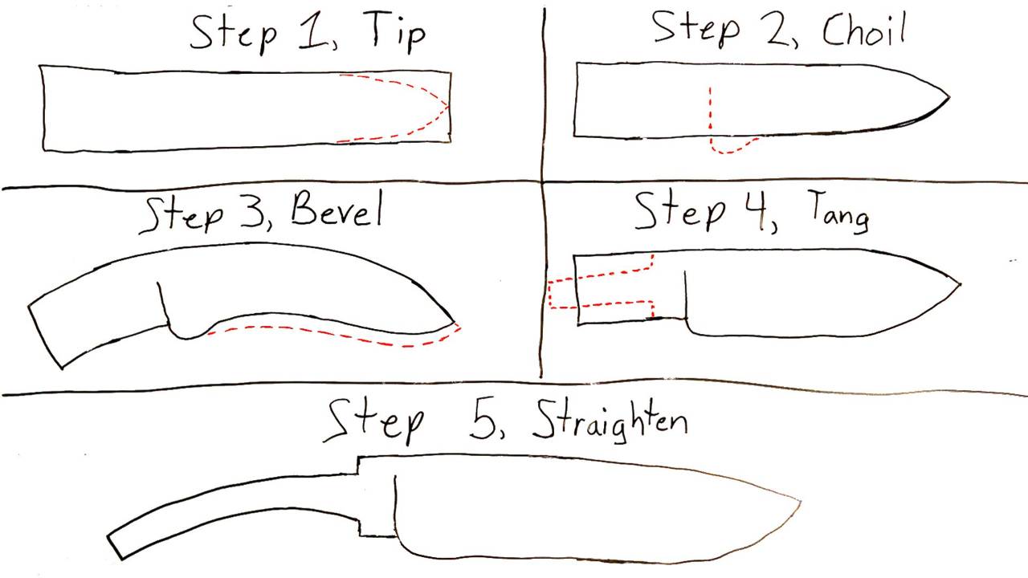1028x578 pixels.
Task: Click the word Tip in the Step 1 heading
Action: coord(398,31)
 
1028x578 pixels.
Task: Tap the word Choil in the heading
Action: coord(863,29)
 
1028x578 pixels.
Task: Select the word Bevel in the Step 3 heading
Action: coord(337,209)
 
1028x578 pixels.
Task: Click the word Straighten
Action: coord(610,422)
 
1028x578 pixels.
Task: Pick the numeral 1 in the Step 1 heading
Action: coord(313,31)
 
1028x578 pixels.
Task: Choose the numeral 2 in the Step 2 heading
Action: coord(778,31)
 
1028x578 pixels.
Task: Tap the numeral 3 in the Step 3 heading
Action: coord(251,212)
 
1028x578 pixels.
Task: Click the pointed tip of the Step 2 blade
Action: coord(949,97)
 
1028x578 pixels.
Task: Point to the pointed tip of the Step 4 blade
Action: coord(960,284)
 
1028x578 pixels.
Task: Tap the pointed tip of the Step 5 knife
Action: coord(801,502)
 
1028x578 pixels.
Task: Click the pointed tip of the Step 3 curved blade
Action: coord(455,323)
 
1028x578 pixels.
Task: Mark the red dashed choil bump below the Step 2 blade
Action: coord(730,148)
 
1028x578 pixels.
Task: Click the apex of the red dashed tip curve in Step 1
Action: coord(448,108)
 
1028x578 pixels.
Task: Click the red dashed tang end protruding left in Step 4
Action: coord(550,294)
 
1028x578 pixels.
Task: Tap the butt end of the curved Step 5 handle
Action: coord(115,547)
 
